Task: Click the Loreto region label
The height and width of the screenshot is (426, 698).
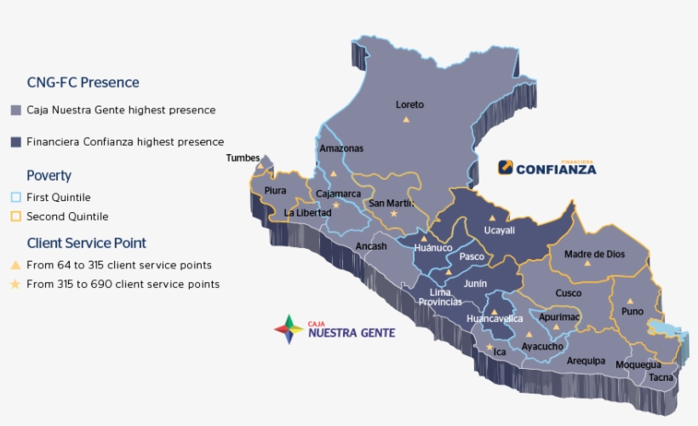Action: click(x=409, y=105)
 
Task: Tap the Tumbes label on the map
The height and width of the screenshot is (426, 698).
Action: click(x=243, y=158)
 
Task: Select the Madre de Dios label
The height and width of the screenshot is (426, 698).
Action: click(x=594, y=254)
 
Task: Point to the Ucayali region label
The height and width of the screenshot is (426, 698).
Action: click(x=499, y=230)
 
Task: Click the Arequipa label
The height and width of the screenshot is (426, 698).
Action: click(x=586, y=360)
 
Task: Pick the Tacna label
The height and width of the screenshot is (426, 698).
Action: click(x=661, y=377)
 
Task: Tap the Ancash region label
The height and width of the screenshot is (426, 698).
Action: click(x=371, y=246)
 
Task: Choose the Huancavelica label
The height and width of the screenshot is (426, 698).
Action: click(x=495, y=319)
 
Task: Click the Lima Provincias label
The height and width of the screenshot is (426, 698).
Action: click(x=440, y=297)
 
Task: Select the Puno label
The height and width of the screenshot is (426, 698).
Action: click(x=632, y=311)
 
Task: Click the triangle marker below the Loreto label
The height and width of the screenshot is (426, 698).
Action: click(x=406, y=120)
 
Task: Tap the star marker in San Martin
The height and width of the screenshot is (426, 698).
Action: click(x=393, y=214)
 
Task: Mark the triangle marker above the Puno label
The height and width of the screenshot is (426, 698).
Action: click(x=630, y=300)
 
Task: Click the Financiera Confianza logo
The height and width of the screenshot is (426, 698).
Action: click(x=547, y=167)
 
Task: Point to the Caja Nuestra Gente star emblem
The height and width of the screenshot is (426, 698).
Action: click(x=289, y=329)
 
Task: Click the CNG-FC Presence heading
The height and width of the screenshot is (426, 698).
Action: click(x=83, y=83)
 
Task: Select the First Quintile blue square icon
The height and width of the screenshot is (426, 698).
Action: click(x=15, y=198)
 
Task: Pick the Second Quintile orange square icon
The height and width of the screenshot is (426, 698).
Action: click(x=15, y=216)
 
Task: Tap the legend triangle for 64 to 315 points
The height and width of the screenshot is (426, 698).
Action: click(x=15, y=265)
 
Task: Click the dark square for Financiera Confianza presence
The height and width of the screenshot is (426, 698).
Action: click(x=15, y=142)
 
